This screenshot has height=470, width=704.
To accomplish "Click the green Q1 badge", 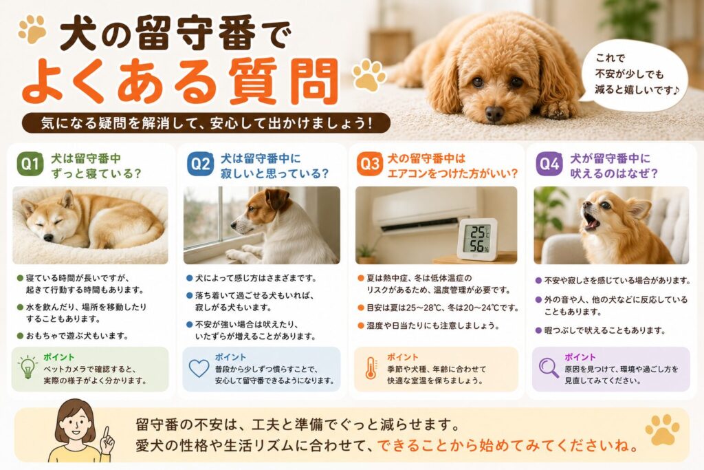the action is (x=30, y=164).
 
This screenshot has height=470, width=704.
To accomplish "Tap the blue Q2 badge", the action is (x=201, y=164).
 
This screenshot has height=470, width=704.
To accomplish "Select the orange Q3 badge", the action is (x=370, y=164).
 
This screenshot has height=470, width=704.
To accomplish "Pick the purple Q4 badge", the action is (x=549, y=164).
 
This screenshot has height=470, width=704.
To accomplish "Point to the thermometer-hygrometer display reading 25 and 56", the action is (x=477, y=239).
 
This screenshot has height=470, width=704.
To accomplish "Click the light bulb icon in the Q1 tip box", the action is (x=27, y=367).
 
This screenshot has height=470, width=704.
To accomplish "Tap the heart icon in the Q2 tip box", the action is (x=199, y=368).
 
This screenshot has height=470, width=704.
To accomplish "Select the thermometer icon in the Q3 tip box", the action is (x=371, y=368).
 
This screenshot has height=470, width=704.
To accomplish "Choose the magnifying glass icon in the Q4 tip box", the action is (x=548, y=368).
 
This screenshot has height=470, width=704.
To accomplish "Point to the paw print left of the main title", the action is (x=33, y=30).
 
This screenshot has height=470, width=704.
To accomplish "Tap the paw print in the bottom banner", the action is (x=662, y=430).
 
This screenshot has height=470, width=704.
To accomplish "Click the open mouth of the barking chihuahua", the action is (x=592, y=222).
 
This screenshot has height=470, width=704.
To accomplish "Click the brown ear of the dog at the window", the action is (x=277, y=200).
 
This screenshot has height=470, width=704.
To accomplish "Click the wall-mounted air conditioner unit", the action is (x=424, y=209).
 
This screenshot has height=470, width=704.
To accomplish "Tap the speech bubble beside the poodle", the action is (x=635, y=74).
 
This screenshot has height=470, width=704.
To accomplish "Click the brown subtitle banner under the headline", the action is (x=206, y=122).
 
